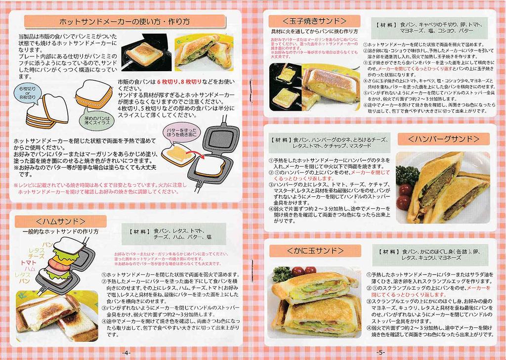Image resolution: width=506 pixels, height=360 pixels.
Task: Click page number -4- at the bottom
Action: (126, 353)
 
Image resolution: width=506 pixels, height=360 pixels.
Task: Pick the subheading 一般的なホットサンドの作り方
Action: (60, 231)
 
